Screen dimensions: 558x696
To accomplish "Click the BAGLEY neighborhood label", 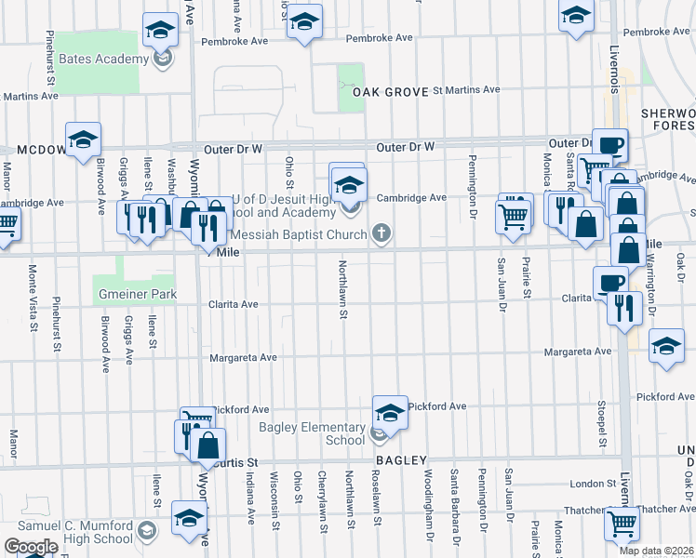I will [x=401, y=460].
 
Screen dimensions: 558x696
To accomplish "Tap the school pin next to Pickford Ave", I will [x=390, y=412].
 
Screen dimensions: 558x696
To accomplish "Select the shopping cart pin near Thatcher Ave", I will [x=622, y=523].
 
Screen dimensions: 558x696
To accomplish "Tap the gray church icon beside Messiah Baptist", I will [x=381, y=234].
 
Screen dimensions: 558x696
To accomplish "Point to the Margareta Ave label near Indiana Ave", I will [x=243, y=357].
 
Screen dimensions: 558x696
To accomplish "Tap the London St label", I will [x=587, y=484].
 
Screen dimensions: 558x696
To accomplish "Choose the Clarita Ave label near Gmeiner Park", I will [x=234, y=304].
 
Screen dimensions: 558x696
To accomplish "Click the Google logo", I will [x=30, y=547].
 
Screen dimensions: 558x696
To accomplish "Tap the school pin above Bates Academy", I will [x=161, y=31].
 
